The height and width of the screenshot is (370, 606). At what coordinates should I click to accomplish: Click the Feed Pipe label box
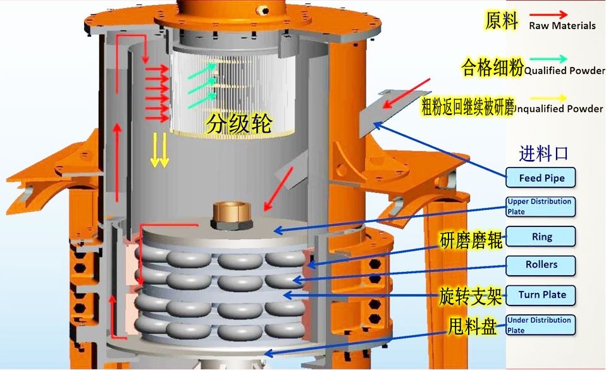pos(541,178)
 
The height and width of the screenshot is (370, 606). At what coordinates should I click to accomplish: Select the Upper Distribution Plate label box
pos(541,207)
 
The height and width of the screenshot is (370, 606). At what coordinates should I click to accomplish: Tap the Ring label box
pos(541,237)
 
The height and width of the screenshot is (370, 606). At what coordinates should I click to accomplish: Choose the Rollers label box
pos(541,265)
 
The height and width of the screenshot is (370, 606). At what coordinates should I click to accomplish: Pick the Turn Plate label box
pos(541,295)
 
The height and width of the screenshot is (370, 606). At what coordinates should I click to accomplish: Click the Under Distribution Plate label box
pos(541,325)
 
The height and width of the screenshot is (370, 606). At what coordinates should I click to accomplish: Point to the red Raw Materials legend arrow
pos(548,15)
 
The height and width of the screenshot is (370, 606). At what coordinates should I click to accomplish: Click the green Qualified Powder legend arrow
pos(548,59)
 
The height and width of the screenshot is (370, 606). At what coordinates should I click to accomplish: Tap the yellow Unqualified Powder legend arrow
pos(548,98)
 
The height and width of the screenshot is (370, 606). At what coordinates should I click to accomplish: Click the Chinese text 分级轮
pos(239,124)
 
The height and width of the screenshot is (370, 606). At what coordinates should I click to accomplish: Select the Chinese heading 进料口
pos(543,154)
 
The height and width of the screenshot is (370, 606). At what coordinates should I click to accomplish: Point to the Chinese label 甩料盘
pos(472,326)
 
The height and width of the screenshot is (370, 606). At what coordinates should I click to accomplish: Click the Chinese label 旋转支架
pos(471,297)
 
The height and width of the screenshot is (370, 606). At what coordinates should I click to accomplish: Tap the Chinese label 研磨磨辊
pos(471,240)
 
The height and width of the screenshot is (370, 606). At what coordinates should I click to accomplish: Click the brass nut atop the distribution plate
pos(232,215)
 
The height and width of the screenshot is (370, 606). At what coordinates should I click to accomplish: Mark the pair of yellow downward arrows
pos(159,150)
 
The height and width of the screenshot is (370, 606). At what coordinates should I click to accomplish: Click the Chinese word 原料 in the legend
pos(501,20)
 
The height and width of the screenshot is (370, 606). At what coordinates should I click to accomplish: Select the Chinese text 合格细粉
pos(492,67)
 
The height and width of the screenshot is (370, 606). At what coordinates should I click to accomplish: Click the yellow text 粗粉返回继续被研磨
pos(467,106)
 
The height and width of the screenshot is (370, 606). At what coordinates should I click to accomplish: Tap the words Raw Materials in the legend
pos(562,26)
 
